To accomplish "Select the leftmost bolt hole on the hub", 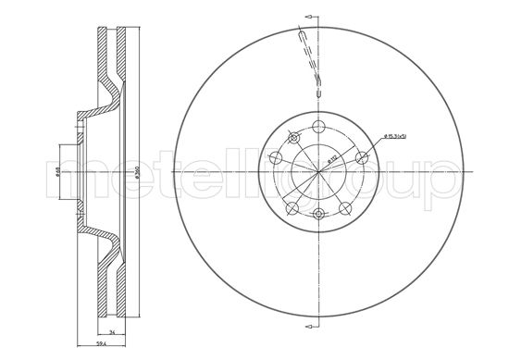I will click(276, 158).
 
